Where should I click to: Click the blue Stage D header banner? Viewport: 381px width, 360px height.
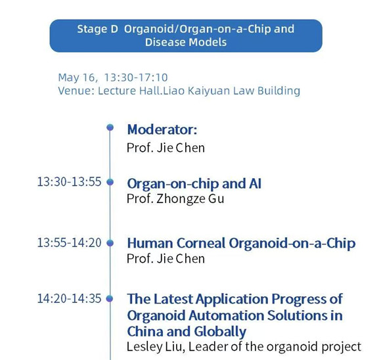click(x=186, y=35)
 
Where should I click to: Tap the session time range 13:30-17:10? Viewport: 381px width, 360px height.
click(x=136, y=78)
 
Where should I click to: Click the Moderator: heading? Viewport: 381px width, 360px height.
click(x=162, y=129)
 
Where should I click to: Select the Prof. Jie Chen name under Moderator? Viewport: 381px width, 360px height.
click(x=166, y=148)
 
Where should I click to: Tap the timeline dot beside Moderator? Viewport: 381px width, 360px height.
click(x=110, y=127)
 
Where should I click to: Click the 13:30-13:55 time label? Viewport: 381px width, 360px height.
click(x=69, y=182)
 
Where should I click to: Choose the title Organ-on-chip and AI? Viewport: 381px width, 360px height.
click(x=194, y=183)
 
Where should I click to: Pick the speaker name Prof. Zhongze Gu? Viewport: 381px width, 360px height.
click(x=175, y=199)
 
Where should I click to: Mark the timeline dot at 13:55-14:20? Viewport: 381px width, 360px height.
click(x=110, y=243)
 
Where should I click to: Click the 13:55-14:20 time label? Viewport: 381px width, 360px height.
click(x=69, y=242)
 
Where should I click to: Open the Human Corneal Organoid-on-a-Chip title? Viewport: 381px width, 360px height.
click(x=241, y=243)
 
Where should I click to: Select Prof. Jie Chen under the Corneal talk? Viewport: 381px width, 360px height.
click(x=166, y=259)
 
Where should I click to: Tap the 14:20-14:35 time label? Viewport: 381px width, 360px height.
click(x=69, y=298)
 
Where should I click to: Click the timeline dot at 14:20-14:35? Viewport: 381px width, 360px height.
click(x=110, y=298)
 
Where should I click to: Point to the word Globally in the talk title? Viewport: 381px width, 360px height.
click(x=220, y=332)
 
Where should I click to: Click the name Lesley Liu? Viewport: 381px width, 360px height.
click(x=154, y=347)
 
